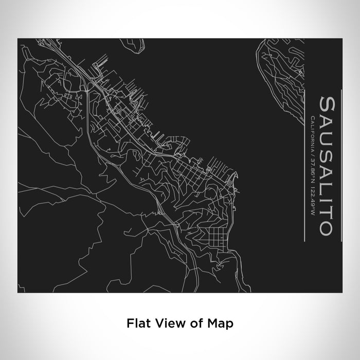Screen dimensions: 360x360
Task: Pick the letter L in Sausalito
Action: [327, 186]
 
